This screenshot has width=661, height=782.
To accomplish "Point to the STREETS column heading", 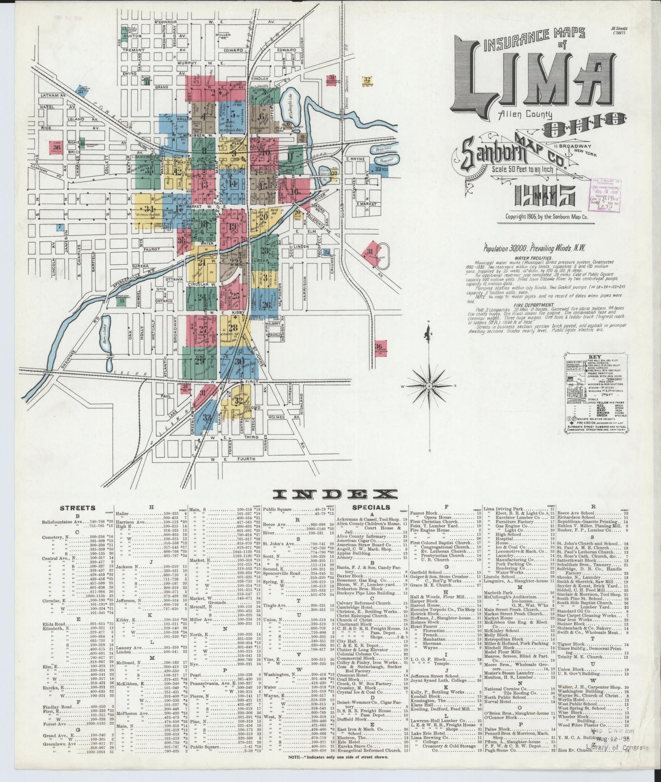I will click(78, 508).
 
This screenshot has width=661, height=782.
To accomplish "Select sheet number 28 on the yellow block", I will click(233, 327).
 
